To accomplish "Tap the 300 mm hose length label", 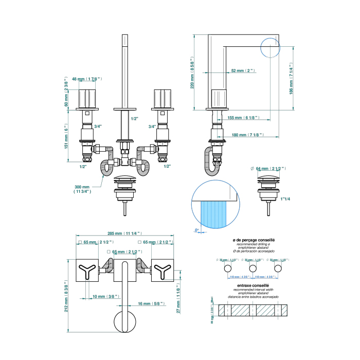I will click(82, 188).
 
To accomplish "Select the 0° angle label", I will click(197, 230).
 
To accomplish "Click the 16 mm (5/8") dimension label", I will click(151, 304).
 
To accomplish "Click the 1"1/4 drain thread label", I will click(285, 199).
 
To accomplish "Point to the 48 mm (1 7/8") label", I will click(87, 79).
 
